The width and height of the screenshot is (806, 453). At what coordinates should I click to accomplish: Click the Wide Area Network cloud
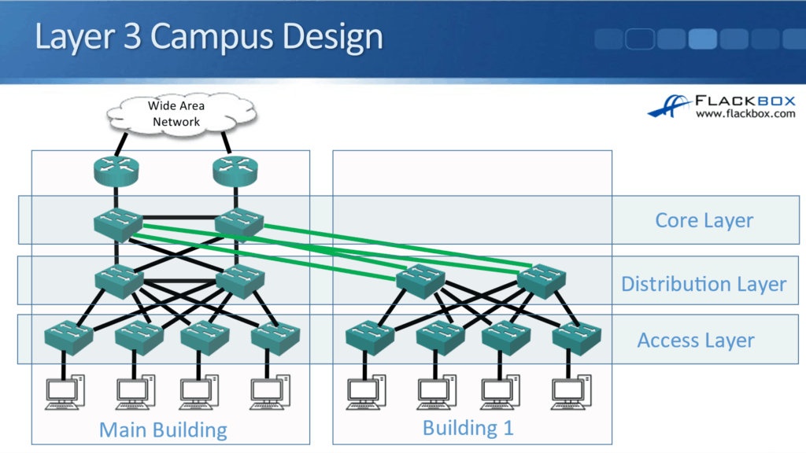click(176, 115)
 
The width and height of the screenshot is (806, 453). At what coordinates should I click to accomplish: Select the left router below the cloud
click(116, 171)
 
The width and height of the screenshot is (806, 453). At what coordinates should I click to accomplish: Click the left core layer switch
click(117, 224)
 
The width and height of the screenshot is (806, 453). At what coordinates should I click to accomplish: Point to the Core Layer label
click(704, 221)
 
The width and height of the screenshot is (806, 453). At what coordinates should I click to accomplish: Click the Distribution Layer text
click(703, 284)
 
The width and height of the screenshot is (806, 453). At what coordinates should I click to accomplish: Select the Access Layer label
click(695, 341)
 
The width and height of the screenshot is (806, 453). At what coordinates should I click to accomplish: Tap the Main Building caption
click(163, 430)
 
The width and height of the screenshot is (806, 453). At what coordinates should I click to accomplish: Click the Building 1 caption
click(468, 428)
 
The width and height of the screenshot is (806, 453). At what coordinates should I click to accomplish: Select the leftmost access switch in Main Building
click(68, 337)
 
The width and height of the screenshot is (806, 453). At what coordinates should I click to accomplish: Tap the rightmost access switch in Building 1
click(577, 337)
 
